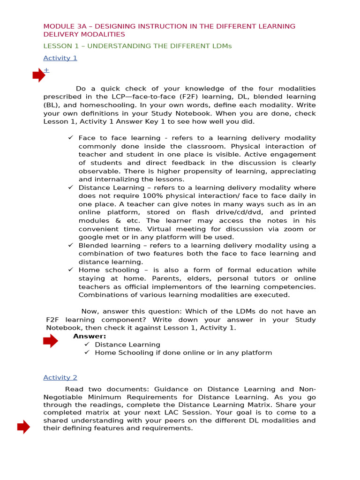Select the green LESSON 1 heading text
pyautogui.click(x=137, y=46)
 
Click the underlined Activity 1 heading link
pyautogui.click(x=60, y=58)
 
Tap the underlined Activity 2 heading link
pyautogui.click(x=60, y=377)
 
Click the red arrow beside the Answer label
pyautogui.click(x=50, y=342)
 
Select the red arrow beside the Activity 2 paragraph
pyautogui.click(x=23, y=427)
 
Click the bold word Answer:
pyautogui.click(x=90, y=336)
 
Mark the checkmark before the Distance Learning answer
pyautogui.click(x=87, y=345)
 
